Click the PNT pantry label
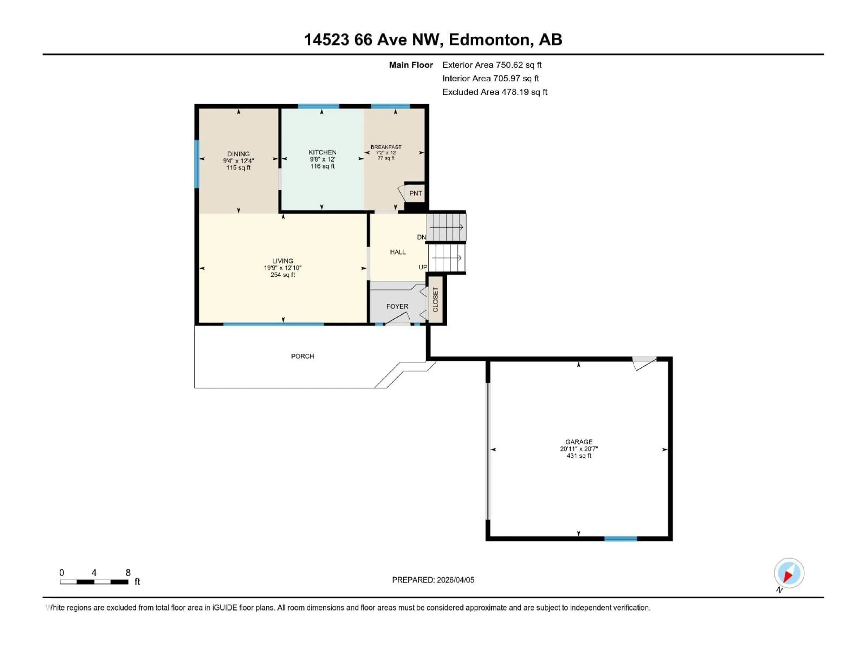[415, 193]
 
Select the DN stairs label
[421, 237]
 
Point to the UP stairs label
[422, 267]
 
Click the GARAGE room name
[578, 441]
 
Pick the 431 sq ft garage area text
[578, 456]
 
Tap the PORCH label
[302, 356]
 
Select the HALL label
[397, 252]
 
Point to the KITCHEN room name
[322, 152]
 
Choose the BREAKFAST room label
[386, 147]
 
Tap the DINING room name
[238, 154]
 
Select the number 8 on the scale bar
[128, 572]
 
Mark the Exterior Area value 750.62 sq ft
[518, 65]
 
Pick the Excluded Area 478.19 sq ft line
[495, 92]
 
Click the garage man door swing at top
[644, 363]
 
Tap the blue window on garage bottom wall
[620, 539]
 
